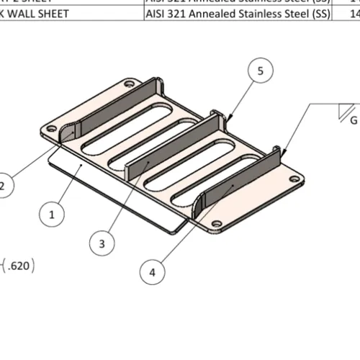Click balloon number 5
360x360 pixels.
click(261, 71)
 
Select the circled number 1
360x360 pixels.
click(51, 214)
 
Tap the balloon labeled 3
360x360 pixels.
click(102, 243)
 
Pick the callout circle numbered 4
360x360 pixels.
click(150, 272)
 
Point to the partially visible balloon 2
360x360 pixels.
click(3, 186)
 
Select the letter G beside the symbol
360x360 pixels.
click(354, 121)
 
